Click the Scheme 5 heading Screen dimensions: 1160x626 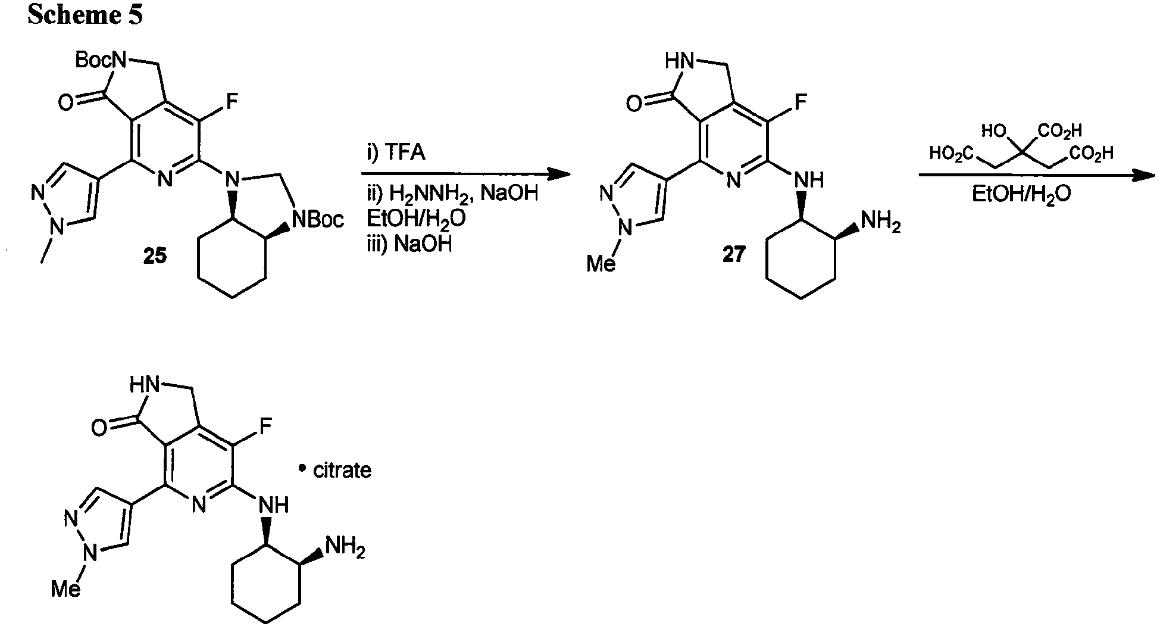pos(85,15)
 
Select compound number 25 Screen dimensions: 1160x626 pos(155,257)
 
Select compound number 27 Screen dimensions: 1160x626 pos(733,254)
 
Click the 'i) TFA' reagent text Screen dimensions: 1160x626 pos(395,153)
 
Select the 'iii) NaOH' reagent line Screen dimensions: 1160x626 pos(409,244)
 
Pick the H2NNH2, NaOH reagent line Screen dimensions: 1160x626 pos(452,194)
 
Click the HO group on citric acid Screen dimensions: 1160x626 pos(994,130)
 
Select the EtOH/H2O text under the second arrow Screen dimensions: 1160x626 pos(1021,195)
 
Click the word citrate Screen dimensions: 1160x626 pos(342,471)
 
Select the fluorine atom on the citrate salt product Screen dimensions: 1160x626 pos(265,425)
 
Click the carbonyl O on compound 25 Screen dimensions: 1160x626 pos(66,103)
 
